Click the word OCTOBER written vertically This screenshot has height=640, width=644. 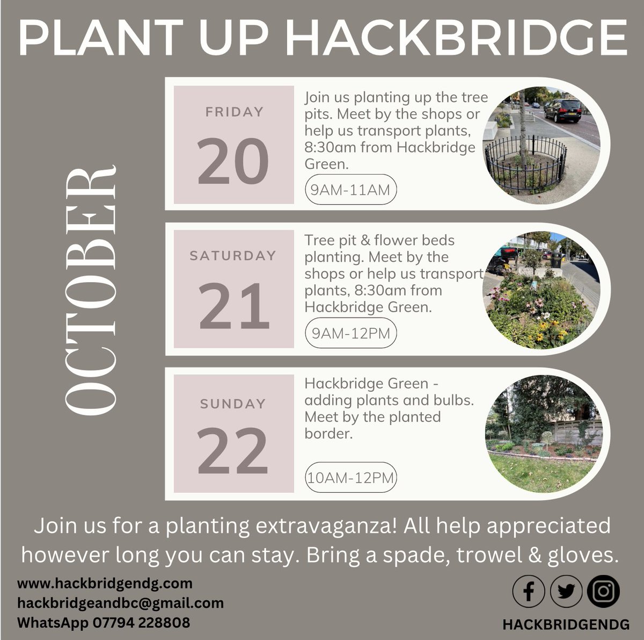pyautogui.click(x=90, y=290)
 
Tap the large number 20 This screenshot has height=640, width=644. pyautogui.click(x=233, y=161)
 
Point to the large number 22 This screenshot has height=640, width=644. pyautogui.click(x=233, y=450)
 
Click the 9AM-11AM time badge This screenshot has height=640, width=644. pyautogui.click(x=350, y=189)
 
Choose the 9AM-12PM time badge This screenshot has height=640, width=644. pyautogui.click(x=351, y=333)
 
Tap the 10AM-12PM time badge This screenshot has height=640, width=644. pyautogui.click(x=350, y=477)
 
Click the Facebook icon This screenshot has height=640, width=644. pyautogui.click(x=529, y=592)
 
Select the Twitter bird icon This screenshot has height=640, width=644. pyautogui.click(x=566, y=592)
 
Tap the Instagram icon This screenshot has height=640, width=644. pyautogui.click(x=604, y=591)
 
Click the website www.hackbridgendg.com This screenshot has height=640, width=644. pyautogui.click(x=105, y=583)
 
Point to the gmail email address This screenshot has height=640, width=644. pyautogui.click(x=120, y=603)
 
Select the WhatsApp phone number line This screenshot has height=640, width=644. pyautogui.click(x=104, y=623)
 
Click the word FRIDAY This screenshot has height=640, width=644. pyautogui.click(x=235, y=112)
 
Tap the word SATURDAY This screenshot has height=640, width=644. pyautogui.click(x=233, y=256)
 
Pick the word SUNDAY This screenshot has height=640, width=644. pyautogui.click(x=233, y=404)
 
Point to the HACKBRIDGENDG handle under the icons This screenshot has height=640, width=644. pyautogui.click(x=566, y=624)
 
